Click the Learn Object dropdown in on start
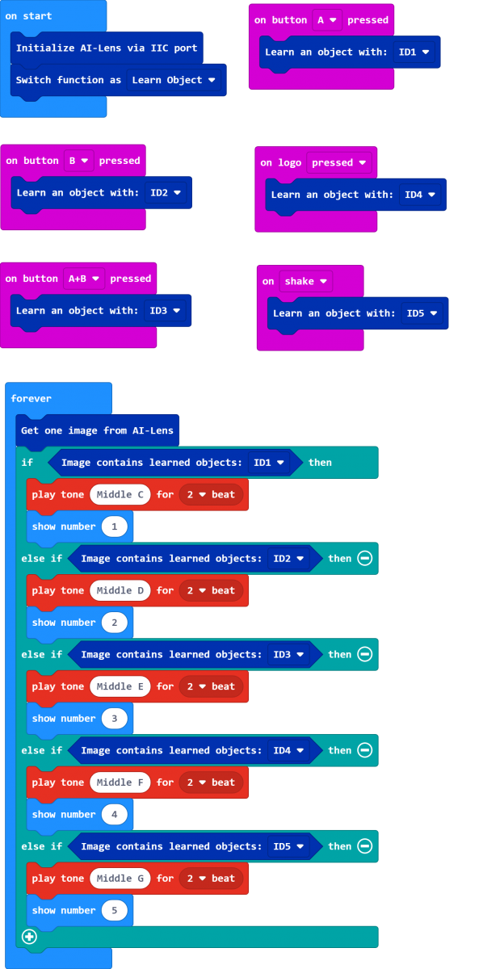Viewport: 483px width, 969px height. tap(173, 80)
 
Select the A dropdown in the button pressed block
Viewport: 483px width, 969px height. tap(327, 20)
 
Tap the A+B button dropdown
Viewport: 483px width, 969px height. tap(83, 279)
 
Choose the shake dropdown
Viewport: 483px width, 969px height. tap(305, 281)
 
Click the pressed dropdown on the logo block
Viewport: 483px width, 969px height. tap(339, 162)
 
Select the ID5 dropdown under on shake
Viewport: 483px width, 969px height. tap(422, 313)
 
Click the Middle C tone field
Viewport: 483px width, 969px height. tap(120, 494)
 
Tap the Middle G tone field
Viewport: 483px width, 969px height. tap(120, 879)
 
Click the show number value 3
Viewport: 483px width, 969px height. tap(114, 719)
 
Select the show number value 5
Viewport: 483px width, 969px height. tap(114, 910)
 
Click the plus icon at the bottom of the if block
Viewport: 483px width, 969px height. tap(29, 937)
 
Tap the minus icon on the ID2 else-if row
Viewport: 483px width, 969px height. tap(365, 559)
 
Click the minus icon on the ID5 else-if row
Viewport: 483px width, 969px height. tap(365, 846)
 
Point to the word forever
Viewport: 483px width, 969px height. tap(31, 398)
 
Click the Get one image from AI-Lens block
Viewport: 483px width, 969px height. tap(98, 430)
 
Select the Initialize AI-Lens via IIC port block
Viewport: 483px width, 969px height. tap(107, 48)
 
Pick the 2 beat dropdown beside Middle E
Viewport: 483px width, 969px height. tap(211, 686)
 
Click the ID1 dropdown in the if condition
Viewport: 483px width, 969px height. tap(269, 463)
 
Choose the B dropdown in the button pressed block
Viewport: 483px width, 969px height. tap(79, 161)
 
